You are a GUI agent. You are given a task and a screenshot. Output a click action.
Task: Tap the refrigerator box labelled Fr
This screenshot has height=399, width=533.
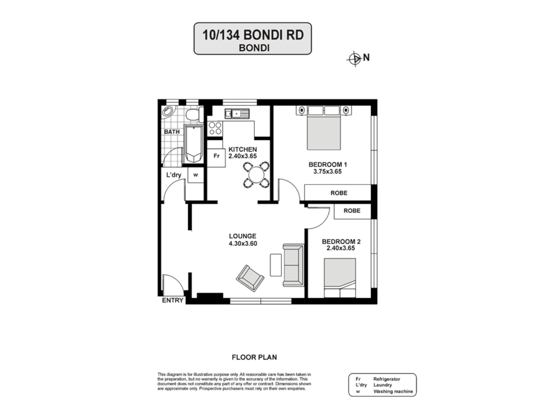point(216,156)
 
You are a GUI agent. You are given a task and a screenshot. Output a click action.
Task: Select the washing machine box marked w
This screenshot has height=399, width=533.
point(196,175)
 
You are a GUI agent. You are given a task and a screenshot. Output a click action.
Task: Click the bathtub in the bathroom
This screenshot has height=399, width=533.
point(193,144)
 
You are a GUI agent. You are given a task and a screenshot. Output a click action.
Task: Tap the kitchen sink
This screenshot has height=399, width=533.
point(237,114)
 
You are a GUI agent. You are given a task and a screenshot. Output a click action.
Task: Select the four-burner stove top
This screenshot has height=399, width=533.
point(215,128)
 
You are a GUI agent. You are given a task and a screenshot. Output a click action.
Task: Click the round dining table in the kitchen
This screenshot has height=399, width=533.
point(256,175)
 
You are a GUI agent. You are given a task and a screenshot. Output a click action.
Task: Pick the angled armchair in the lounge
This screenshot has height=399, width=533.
point(250,278)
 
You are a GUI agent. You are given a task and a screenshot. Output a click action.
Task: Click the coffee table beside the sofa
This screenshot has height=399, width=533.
point(276,265)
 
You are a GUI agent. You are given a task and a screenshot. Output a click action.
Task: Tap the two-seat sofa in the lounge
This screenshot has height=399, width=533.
point(293,265)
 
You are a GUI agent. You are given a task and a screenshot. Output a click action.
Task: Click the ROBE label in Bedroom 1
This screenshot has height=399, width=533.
point(339,193)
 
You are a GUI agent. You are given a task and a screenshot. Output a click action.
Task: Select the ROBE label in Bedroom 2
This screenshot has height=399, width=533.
point(352,211)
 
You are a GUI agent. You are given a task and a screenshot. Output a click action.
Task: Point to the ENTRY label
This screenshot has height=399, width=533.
point(172,300)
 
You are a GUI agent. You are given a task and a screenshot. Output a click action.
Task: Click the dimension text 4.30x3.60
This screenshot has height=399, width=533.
point(243,244)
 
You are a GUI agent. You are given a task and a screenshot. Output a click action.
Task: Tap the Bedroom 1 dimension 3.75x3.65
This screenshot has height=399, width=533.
point(327,172)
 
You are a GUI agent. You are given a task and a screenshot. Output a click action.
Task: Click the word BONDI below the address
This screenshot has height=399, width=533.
point(254,48)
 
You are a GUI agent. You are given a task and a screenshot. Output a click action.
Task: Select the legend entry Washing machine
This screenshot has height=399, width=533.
point(393,391)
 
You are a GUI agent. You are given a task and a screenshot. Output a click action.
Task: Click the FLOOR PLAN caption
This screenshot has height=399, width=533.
point(254,357)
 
